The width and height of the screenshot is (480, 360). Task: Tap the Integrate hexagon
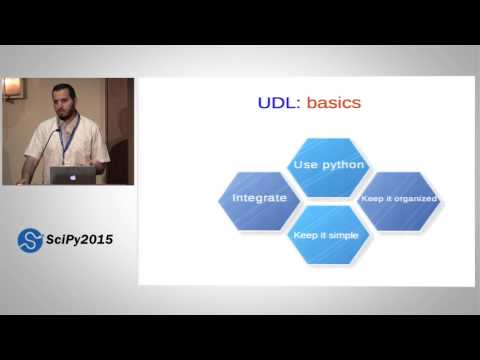(x=259, y=198)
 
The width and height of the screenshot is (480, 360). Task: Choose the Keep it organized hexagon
(x=398, y=198)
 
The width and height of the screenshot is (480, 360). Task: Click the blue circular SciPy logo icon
(x=30, y=240)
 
